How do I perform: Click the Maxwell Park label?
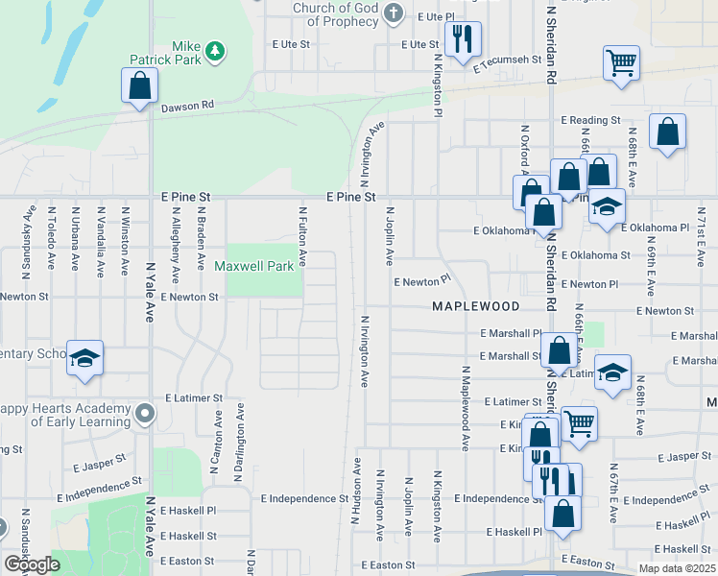pos(253,266)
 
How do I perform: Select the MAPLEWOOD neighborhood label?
pos(475,306)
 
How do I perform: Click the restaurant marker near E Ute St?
pos(463,40)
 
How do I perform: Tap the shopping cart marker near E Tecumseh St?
pos(621,64)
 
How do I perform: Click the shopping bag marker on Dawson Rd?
pos(140,84)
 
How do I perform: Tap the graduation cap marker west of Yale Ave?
pos(84,358)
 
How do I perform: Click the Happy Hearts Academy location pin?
pos(145,414)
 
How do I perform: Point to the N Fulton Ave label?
pos(302,236)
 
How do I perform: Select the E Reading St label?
pos(590,120)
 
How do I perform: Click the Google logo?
pos(32,564)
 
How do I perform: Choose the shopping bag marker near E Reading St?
pos(667,132)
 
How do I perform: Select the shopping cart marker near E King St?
pos(579,422)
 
